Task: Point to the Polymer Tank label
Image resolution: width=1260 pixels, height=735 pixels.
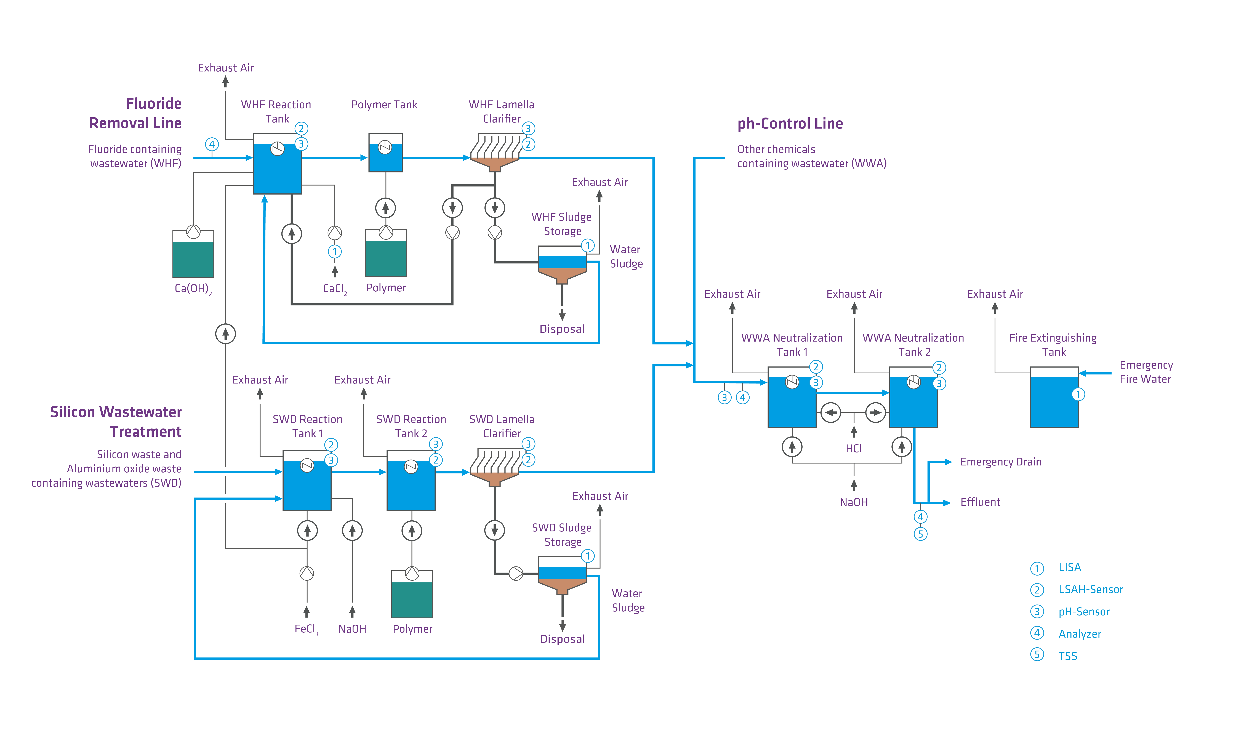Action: click(x=384, y=105)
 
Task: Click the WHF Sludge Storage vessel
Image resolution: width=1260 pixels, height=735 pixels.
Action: click(x=562, y=265)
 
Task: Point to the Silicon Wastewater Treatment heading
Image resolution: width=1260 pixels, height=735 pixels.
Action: click(x=116, y=422)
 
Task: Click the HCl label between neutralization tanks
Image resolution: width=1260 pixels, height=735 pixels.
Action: click(x=854, y=449)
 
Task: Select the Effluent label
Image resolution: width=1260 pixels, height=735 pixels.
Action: click(x=980, y=502)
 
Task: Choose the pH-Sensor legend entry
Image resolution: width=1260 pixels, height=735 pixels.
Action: click(x=1083, y=611)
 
